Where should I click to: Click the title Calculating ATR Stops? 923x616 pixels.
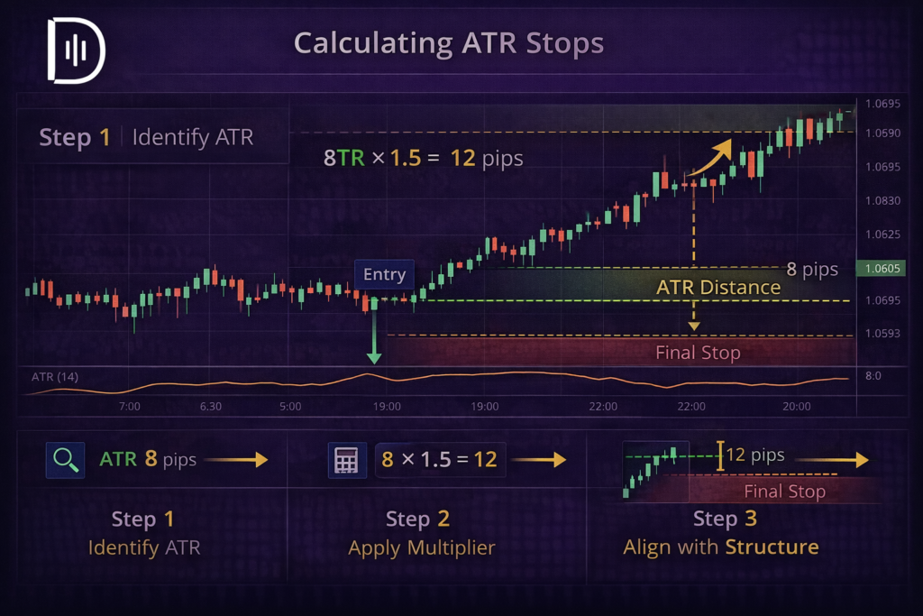449,42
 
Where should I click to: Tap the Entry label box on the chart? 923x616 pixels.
385,274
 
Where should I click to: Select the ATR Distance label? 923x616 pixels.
718,287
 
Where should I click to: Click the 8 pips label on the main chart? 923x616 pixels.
811,269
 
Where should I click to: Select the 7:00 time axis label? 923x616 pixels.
130,407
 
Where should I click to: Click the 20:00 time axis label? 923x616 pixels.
796,407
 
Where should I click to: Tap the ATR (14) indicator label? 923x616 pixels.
55,377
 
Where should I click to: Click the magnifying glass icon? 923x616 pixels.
65,459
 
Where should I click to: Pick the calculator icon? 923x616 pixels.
346,459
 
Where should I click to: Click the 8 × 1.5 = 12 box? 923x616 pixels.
440,459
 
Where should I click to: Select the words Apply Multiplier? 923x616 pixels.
422,547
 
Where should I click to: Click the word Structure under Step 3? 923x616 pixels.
772,547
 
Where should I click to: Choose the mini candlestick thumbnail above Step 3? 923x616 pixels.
655,468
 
